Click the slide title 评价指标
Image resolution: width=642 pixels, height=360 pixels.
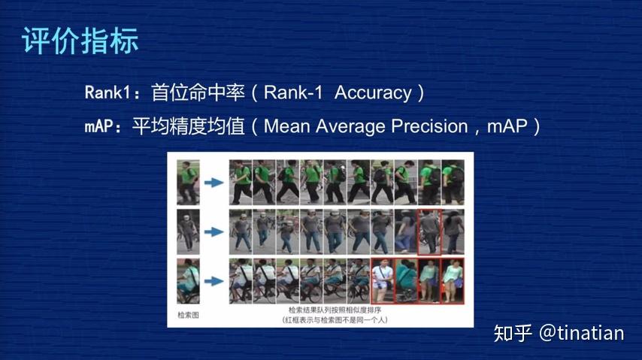(x=80, y=41)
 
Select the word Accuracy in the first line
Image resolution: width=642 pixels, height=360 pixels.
(x=373, y=93)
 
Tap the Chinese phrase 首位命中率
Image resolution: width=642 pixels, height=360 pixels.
(x=195, y=93)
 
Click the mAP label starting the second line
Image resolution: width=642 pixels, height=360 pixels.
(x=101, y=126)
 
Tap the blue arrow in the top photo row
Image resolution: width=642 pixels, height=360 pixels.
(x=216, y=183)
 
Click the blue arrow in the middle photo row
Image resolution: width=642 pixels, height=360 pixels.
(x=216, y=232)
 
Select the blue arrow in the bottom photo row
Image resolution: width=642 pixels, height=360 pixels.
(x=216, y=281)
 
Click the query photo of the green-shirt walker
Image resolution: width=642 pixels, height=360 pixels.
(x=188, y=182)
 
